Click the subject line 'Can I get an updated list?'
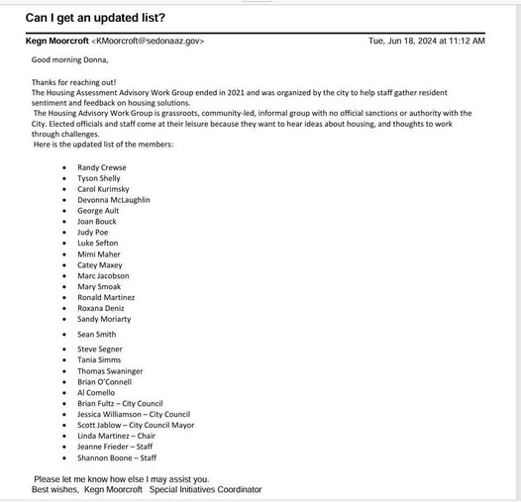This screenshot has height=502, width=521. tap(95, 18)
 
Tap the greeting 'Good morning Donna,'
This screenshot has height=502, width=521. tap(65, 59)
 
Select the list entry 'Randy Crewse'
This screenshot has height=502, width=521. tap(101, 167)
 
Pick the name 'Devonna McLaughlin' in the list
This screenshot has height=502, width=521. tap(113, 199)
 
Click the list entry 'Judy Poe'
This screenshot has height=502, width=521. tap(93, 232)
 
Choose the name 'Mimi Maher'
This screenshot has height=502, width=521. tap(98, 253)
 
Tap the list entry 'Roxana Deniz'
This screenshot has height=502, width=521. tap(101, 307)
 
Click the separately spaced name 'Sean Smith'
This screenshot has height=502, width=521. tap(96, 334)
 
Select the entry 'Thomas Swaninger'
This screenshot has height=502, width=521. tap(110, 371)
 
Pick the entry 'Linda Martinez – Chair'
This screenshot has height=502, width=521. tap(117, 436)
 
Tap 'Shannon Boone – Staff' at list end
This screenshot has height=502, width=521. tap(117, 457)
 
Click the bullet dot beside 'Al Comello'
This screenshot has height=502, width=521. tap(64, 393)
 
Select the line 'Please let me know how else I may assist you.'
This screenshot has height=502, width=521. tap(121, 479)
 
